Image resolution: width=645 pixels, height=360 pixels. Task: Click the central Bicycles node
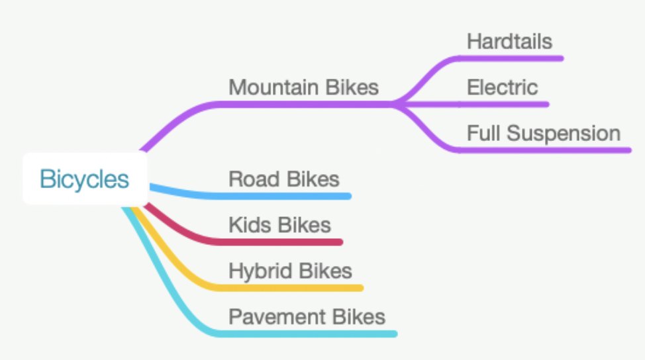point(85,179)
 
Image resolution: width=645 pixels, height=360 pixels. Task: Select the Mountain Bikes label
point(303,87)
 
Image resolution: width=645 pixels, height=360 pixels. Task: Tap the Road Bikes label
point(283,179)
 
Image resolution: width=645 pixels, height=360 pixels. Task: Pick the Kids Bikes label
point(279,224)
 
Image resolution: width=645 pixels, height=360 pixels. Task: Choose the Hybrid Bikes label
point(290,271)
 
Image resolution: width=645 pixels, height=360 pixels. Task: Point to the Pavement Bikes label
point(307,316)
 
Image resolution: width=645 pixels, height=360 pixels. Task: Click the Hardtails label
point(509,42)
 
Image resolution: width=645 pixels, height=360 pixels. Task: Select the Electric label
point(502,87)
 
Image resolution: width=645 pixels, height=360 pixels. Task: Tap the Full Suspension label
point(543,133)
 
